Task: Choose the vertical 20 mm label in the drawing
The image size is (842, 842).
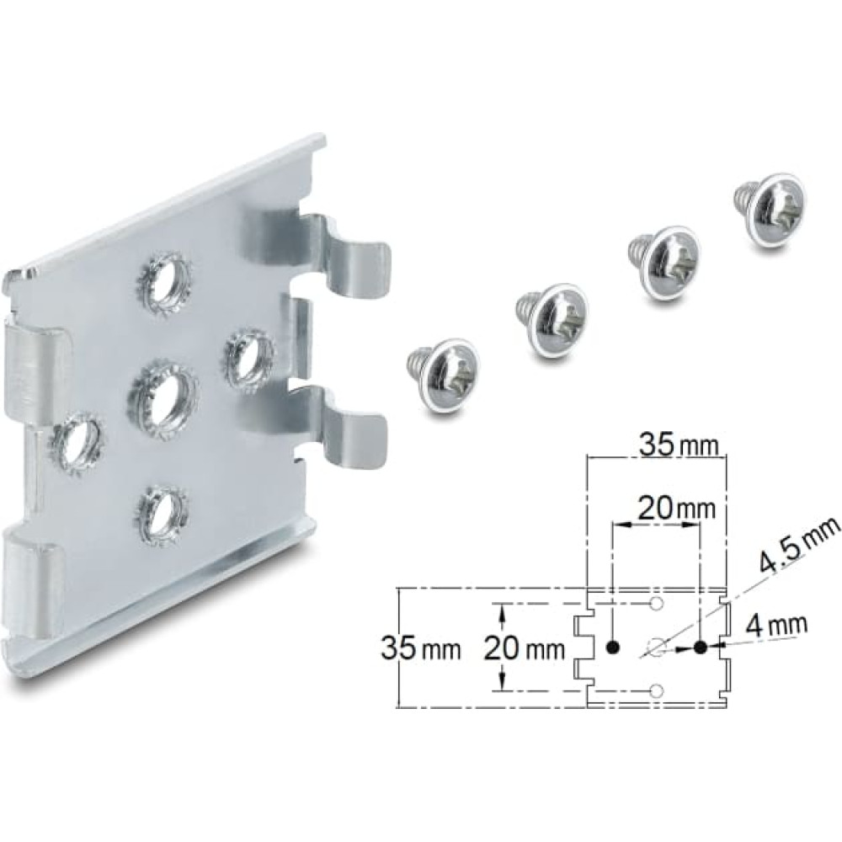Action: (522, 649)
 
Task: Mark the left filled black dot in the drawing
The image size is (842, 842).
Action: (613, 647)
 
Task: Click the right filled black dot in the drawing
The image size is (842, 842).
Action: (701, 647)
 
